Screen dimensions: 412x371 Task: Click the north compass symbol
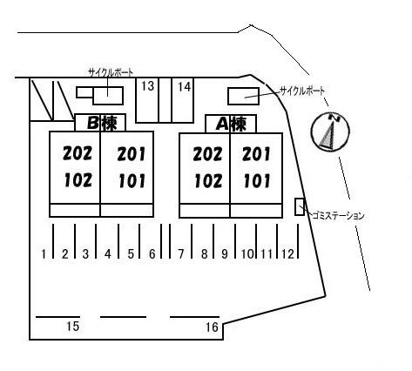pyautogui.click(x=330, y=132)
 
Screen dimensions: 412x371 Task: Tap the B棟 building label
pyautogui.click(x=102, y=123)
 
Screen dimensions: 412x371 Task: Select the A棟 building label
pyautogui.click(x=231, y=125)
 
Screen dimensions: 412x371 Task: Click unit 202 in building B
pyautogui.click(x=78, y=153)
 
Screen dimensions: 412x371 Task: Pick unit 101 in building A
pyautogui.click(x=257, y=180)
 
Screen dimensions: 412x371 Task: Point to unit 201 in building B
pyautogui.click(x=131, y=154)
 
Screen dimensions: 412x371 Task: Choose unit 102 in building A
pyautogui.click(x=208, y=181)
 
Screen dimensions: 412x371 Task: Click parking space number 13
pyautogui.click(x=148, y=86)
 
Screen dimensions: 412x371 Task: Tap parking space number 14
pyautogui.click(x=185, y=86)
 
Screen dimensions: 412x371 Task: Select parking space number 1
pyautogui.click(x=44, y=254)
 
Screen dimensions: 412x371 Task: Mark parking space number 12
pyautogui.click(x=288, y=254)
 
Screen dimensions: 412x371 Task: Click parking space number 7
pyautogui.click(x=181, y=254)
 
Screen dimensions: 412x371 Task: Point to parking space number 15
pyautogui.click(x=72, y=327)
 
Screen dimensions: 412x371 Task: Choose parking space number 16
pyautogui.click(x=212, y=327)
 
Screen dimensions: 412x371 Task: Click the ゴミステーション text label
pyautogui.click(x=338, y=216)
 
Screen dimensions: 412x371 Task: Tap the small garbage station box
pyautogui.click(x=300, y=206)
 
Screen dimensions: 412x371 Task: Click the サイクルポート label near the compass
pyautogui.click(x=302, y=91)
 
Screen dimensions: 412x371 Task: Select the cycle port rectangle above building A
pyautogui.click(x=243, y=96)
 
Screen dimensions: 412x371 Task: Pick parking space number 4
pyautogui.click(x=108, y=254)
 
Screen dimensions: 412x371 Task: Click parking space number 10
pyautogui.click(x=247, y=254)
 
